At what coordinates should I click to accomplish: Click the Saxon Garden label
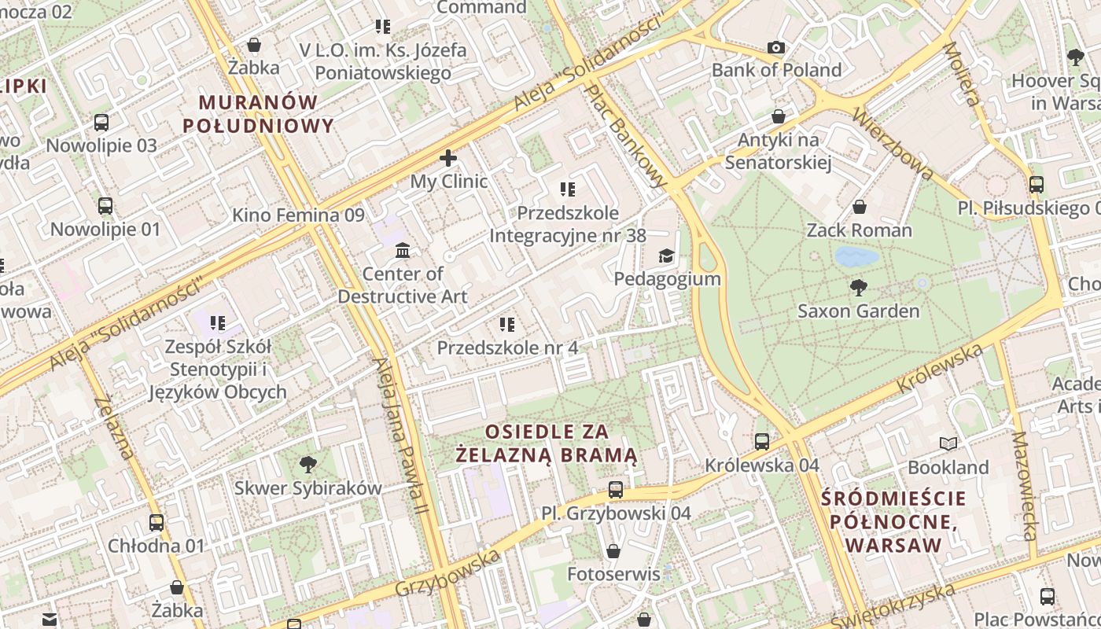point(858,311)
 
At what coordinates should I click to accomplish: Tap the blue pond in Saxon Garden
point(856,256)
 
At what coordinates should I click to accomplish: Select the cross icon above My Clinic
point(448,158)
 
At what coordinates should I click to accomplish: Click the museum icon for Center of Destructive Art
point(403,251)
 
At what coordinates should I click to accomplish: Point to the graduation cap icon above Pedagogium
point(667,256)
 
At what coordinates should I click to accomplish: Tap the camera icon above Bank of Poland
point(776,47)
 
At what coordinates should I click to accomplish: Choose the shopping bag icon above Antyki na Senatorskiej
point(778,116)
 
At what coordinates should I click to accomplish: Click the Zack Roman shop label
point(859,230)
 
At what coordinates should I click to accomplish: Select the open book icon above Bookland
point(948,443)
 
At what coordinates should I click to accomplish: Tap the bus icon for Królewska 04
point(761,441)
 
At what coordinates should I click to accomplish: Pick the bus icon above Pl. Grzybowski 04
point(616,489)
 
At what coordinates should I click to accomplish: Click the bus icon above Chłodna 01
point(156,522)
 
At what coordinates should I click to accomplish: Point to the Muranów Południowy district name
point(258,114)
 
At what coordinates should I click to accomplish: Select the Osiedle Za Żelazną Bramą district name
point(547,443)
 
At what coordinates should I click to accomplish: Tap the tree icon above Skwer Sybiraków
point(307,464)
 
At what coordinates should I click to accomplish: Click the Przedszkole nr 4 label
point(507,347)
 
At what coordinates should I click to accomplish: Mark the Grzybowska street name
point(447,574)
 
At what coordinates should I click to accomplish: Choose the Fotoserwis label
point(613,574)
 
